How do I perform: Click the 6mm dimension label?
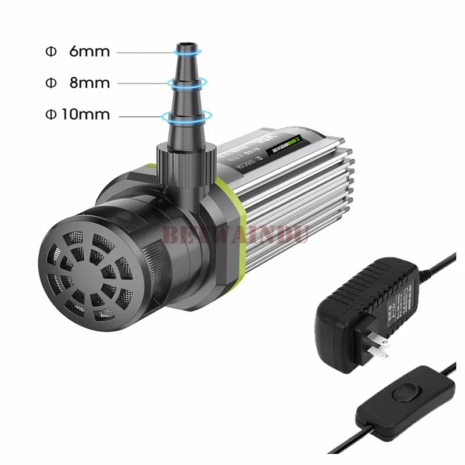click(x=89, y=51)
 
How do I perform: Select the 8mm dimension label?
click(x=89, y=83)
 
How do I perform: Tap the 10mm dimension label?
click(x=85, y=114)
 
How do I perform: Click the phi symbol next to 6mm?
click(x=50, y=51)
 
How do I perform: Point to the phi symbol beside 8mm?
click(x=50, y=83)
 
